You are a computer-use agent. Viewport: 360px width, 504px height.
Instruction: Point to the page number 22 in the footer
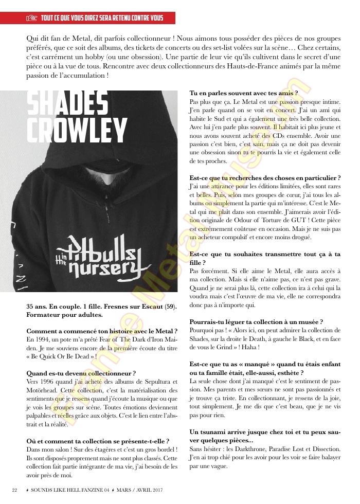click(15, 489)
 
